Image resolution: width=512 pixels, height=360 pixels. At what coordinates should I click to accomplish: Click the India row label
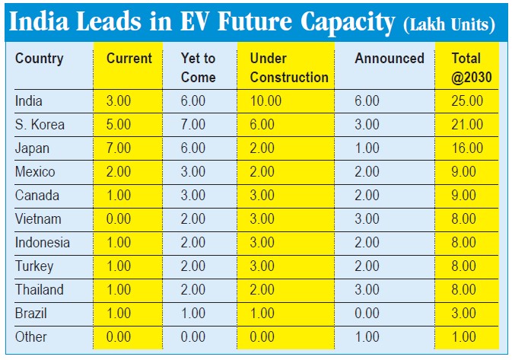[29, 100]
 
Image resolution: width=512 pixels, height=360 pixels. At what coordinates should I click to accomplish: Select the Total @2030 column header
[466, 67]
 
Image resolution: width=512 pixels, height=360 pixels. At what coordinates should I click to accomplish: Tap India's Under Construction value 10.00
[266, 100]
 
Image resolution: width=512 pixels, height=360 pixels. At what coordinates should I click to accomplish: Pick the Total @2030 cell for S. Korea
[467, 124]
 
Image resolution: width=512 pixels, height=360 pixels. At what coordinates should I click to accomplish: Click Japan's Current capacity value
[119, 148]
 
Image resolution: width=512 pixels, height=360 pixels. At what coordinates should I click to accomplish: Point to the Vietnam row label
[37, 219]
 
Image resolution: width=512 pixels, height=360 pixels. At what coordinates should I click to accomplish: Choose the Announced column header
[390, 59]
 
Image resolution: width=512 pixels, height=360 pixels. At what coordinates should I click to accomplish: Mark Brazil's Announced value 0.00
[367, 313]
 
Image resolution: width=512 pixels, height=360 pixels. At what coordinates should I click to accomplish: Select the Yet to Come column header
[199, 67]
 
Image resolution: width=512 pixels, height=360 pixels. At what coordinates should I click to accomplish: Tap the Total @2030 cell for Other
[467, 336]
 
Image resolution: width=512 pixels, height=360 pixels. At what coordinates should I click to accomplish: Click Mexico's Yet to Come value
[193, 172]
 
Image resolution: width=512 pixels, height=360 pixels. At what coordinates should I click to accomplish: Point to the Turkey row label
[35, 266]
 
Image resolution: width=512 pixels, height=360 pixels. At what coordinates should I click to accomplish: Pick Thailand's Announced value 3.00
[367, 289]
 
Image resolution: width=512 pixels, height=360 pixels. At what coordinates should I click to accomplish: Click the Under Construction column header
[289, 67]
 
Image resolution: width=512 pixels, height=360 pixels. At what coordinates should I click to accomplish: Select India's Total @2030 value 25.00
[467, 100]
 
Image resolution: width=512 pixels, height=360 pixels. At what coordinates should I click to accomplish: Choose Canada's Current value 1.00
[119, 196]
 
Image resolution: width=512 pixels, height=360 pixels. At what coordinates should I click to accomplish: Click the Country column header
[40, 59]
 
